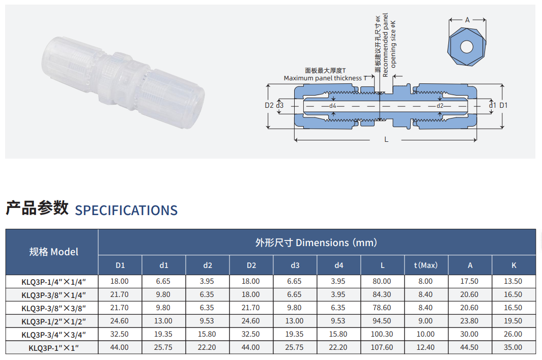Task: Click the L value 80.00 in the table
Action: [382, 281]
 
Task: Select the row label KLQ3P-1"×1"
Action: [53, 348]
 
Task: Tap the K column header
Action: [514, 265]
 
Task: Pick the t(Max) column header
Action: [425, 265]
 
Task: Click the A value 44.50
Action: [469, 347]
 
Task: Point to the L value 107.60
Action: [382, 347]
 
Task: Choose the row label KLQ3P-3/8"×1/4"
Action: [53, 295]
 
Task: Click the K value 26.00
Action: [513, 334]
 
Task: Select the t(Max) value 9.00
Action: [425, 321]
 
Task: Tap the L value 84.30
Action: [382, 294]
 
